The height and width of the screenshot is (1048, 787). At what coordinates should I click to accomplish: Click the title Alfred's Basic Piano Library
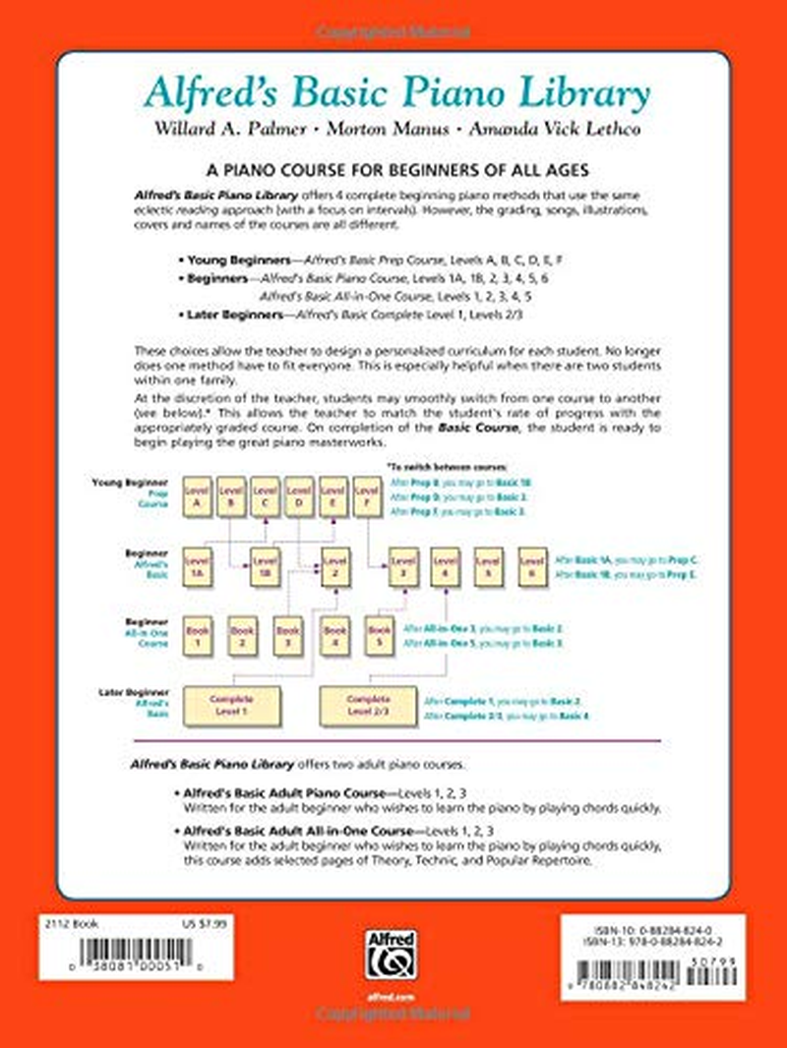[x=395, y=94]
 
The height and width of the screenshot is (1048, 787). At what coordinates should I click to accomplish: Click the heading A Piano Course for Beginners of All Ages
[x=394, y=169]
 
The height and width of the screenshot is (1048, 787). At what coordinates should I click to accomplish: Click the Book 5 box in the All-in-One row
[x=379, y=635]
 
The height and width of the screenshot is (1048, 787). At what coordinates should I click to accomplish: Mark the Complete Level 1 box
[x=231, y=703]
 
